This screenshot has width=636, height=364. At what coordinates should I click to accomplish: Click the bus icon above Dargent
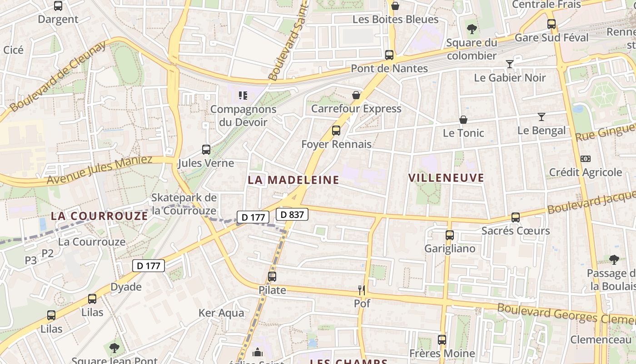58,6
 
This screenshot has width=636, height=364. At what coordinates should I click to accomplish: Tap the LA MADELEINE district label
293,180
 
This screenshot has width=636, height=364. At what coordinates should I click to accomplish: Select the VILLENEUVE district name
446,178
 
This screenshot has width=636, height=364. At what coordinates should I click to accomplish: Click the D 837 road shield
292,214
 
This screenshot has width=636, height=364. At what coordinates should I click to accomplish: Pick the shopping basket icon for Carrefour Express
356,95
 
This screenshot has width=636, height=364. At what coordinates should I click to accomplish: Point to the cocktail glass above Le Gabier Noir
510,64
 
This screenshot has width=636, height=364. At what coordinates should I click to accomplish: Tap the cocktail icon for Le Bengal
541,117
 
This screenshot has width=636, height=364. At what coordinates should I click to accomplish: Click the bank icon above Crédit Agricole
586,159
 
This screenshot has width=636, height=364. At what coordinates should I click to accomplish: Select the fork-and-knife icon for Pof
362,290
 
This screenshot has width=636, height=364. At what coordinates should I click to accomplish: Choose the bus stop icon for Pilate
272,276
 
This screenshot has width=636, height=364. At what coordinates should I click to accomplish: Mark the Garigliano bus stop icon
450,235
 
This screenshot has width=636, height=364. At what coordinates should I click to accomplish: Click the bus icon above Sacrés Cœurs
515,217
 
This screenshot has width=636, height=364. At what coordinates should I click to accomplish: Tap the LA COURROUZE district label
99,216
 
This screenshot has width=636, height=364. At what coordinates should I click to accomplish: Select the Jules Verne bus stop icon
206,150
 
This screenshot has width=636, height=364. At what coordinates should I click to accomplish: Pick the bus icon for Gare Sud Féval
552,24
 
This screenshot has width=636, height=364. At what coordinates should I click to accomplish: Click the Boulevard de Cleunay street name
58,76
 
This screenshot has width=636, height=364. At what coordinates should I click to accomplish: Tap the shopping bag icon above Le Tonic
463,120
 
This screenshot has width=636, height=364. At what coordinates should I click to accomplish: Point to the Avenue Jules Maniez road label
99,170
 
